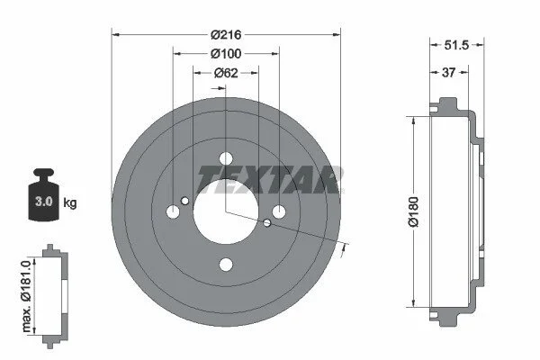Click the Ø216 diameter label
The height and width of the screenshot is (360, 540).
[x=226, y=35]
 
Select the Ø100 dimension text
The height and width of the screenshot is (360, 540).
[x=226, y=54]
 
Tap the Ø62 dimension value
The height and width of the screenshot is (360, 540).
[x=226, y=73]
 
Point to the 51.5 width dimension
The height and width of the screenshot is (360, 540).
[x=456, y=45]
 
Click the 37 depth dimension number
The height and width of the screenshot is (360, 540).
[x=448, y=73]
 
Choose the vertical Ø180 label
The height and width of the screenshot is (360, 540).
[x=413, y=211]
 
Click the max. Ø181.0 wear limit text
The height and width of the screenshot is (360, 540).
[x=26, y=296]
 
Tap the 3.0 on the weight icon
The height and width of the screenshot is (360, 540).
[x=44, y=202]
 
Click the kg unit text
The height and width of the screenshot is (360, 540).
[x=70, y=202]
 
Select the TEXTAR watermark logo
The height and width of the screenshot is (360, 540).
[x=270, y=179]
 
